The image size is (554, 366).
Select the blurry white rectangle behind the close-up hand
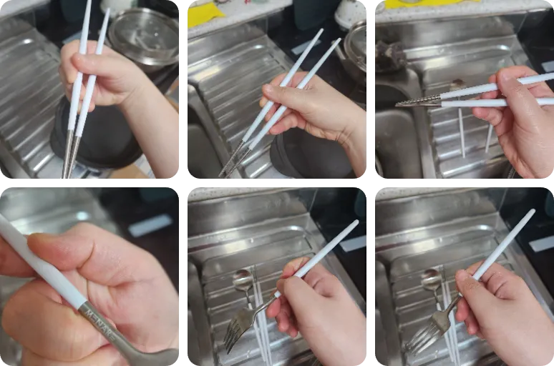[150, 224]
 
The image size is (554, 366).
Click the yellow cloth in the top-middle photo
[205, 14]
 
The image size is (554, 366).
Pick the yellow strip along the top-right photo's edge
[429, 4]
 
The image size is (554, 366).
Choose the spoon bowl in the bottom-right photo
[431, 279]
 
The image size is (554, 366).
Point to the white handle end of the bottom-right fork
[529, 214]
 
